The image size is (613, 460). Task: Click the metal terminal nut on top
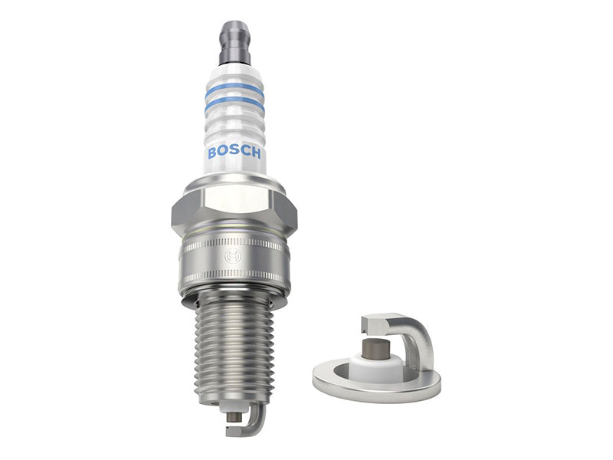pos(234,43)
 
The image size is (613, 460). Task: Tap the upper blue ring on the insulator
pos(234,89)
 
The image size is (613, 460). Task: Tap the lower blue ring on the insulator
pos(234,103)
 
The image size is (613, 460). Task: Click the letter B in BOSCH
pos(212,153)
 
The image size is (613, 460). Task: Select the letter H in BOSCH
pos(255,153)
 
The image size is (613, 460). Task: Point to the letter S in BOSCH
pos(234,150)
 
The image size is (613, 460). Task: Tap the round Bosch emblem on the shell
pos(233,257)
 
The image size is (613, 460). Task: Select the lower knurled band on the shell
pos(234,275)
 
